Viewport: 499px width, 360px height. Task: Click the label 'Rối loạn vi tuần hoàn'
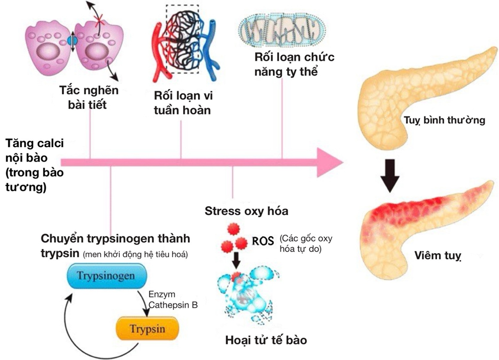pos(182,102)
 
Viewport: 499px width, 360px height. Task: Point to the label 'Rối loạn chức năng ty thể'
pos(294,64)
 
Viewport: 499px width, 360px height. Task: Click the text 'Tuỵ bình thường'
pos(443,121)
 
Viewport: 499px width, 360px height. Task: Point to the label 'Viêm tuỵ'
pos(438,256)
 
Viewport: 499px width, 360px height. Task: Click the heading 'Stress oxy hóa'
pos(246,211)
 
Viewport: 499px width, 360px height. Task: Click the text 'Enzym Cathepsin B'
pos(172,300)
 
